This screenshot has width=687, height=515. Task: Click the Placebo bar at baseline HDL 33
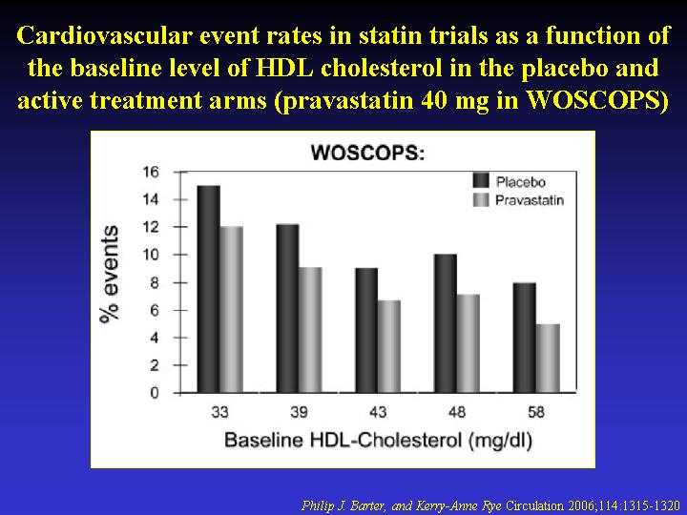[209, 289]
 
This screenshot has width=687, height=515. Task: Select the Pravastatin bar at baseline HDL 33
[232, 310]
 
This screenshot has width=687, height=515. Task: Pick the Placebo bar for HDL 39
[288, 308]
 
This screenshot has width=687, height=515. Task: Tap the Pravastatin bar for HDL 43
[389, 346]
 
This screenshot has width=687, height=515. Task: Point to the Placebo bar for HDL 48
[446, 323]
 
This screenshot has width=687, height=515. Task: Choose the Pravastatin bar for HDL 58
[548, 359]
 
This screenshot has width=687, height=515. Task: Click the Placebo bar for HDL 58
[525, 338]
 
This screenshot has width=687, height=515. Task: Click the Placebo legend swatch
[481, 181]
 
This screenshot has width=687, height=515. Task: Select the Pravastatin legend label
[530, 200]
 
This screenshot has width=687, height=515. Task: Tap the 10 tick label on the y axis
[151, 255]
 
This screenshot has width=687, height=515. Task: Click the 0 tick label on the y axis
[155, 393]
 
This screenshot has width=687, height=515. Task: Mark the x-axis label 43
[378, 412]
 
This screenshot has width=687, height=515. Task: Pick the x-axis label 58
[536, 412]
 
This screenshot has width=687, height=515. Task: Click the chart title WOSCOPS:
[367, 154]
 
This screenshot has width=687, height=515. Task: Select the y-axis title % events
[109, 275]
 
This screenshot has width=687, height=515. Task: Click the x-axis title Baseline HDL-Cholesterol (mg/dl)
[378, 440]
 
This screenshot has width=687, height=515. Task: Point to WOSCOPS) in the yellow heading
[596, 101]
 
